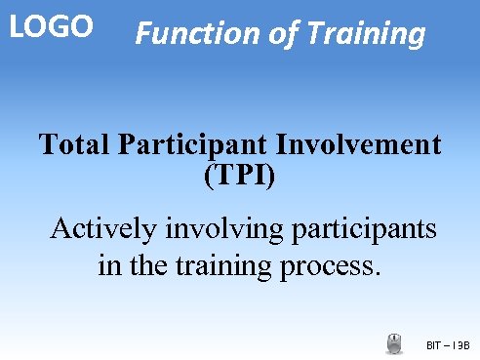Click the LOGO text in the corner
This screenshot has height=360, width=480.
tap(51, 26)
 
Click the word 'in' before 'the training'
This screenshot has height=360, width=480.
tap(110, 264)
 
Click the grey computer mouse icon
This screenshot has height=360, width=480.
tap(394, 343)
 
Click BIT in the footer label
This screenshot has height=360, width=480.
tap(435, 345)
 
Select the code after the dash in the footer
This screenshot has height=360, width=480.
tap(461, 345)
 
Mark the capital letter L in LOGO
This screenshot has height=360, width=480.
tap(16, 26)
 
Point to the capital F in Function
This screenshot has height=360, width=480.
tap(142, 35)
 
